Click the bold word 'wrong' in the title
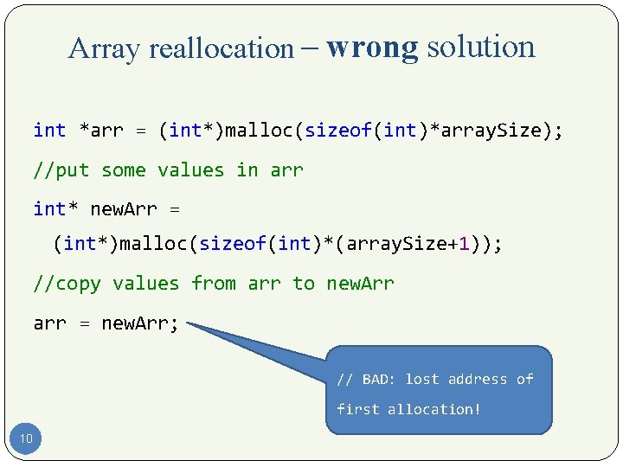click(373, 47)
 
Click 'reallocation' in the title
click(222, 48)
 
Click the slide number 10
click(26, 438)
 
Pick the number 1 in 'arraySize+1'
click(464, 244)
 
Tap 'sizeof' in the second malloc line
click(233, 244)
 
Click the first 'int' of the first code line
click(49, 131)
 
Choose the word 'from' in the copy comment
click(213, 283)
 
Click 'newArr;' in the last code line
click(140, 323)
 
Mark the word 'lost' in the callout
click(422, 380)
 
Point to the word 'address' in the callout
click(478, 380)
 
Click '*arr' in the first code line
click(100, 131)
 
